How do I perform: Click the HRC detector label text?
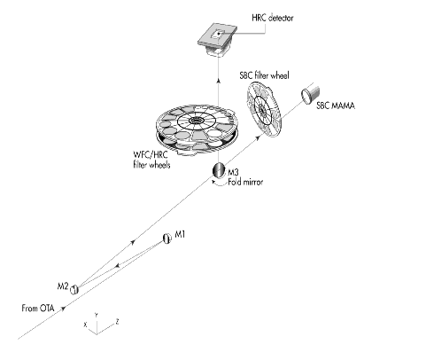273,18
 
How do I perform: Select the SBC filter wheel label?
264,75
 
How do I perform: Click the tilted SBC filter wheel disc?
264,109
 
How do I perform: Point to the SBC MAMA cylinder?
310,93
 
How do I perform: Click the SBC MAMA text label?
336,106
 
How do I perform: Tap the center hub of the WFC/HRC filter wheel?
195,120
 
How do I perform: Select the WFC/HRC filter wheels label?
151,160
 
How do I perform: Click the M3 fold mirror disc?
219,170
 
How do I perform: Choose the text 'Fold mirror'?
245,182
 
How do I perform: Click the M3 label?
233,172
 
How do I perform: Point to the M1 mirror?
167,239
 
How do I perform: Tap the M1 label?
180,234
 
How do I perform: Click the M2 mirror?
74,289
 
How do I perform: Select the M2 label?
63,286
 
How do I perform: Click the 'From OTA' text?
38,309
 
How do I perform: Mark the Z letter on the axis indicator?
117,321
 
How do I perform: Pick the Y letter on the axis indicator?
96,315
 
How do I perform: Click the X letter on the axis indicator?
85,325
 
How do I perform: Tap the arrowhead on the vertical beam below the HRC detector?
218,81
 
